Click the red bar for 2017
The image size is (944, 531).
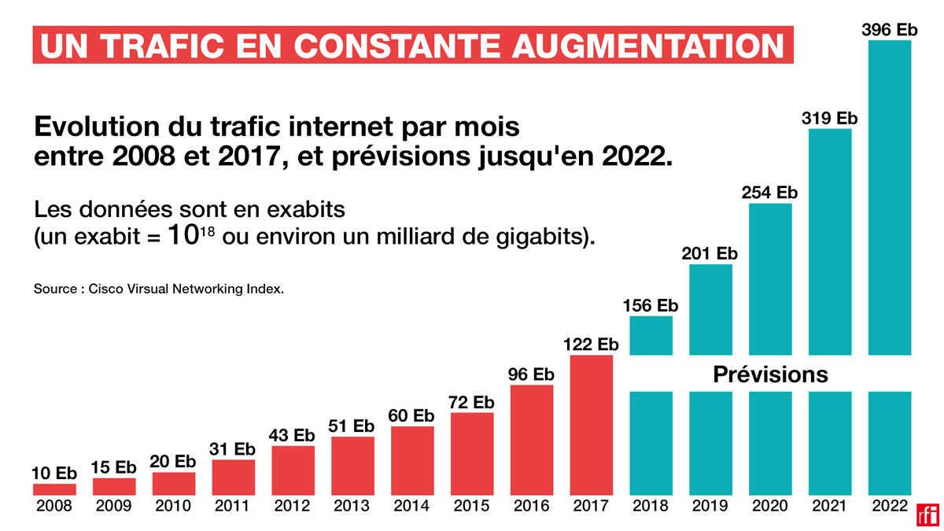coord(592,425)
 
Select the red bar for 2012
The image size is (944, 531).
coord(293,470)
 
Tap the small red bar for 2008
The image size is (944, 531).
coord(54,489)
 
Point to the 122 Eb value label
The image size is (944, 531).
coord(591,345)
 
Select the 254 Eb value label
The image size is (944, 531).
coord(770,193)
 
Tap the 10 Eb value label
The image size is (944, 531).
coord(54,474)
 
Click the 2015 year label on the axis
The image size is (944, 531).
coord(472,507)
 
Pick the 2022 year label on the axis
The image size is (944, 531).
coord(890,507)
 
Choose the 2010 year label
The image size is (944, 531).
coord(173,507)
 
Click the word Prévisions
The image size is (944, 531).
coord(770,374)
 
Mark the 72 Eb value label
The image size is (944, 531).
coord(472,402)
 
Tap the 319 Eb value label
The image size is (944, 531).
coord(830,119)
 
